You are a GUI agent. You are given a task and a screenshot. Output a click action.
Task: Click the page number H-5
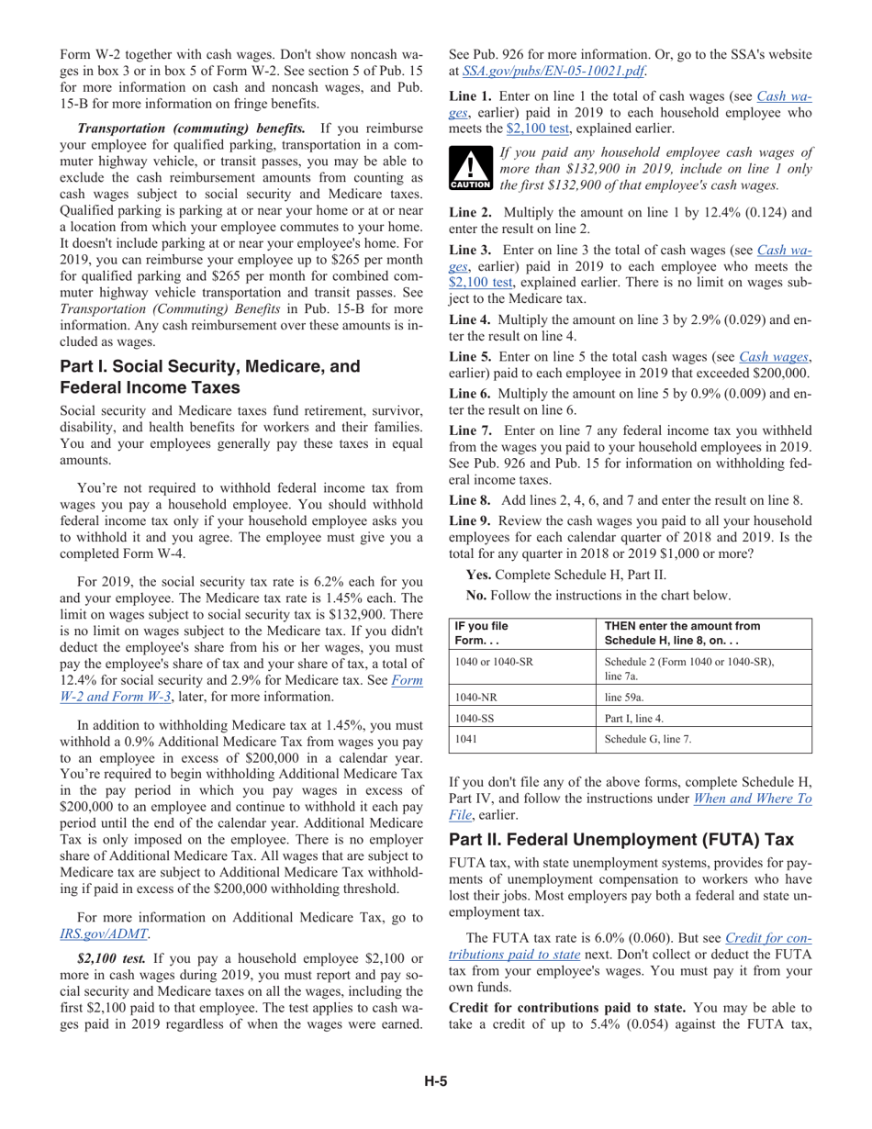tap(435, 1080)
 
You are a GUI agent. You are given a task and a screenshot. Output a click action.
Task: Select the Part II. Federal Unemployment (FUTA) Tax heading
tap(620, 839)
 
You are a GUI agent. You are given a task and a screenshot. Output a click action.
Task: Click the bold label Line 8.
tap(470, 500)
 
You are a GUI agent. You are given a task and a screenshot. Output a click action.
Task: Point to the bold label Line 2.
tap(470, 212)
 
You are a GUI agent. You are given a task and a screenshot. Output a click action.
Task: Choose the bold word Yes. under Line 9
tap(479, 575)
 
